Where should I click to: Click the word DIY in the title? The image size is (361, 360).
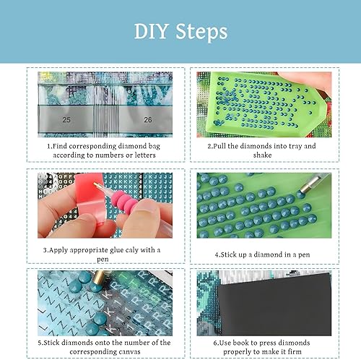[151, 31]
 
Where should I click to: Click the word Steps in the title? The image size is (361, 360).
[201, 33]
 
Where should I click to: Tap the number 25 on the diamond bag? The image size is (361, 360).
[66, 119]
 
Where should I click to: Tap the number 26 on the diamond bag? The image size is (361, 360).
[148, 119]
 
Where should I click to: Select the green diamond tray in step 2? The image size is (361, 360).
[266, 104]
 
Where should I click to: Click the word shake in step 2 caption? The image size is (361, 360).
[262, 155]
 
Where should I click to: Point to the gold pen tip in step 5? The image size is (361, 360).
[99, 276]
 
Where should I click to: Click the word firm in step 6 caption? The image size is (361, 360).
[295, 351]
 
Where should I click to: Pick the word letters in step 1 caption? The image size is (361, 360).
[145, 155]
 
